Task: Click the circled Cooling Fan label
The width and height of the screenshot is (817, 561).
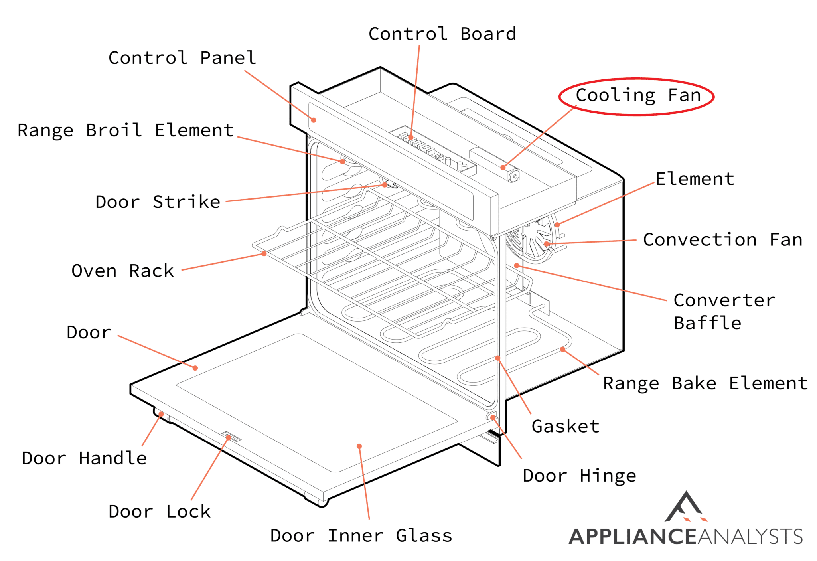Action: point(637,96)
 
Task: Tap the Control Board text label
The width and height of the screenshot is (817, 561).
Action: point(442,34)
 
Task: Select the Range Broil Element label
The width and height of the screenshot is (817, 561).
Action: point(126,131)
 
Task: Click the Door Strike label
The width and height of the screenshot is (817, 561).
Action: point(158,202)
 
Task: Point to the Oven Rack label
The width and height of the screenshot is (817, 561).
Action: point(123,271)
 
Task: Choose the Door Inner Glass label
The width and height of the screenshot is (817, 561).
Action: point(361,536)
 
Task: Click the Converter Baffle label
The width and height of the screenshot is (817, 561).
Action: point(724,312)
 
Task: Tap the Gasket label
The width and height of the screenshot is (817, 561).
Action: point(565,427)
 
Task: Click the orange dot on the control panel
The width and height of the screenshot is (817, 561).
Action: point(314,120)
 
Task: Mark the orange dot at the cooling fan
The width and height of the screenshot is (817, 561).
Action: point(503,168)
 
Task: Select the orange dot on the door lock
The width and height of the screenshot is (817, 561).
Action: point(229,438)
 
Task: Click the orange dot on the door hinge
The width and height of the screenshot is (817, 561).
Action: point(493,417)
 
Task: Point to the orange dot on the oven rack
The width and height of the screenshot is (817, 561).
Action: point(264,254)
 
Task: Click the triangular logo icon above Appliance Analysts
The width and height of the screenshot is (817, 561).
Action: point(685,508)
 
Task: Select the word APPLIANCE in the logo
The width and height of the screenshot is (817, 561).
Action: point(632,537)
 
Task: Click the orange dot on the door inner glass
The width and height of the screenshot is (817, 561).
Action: point(359,446)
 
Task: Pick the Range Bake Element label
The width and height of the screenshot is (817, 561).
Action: point(705,384)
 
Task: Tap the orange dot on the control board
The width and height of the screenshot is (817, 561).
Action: point(410,137)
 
